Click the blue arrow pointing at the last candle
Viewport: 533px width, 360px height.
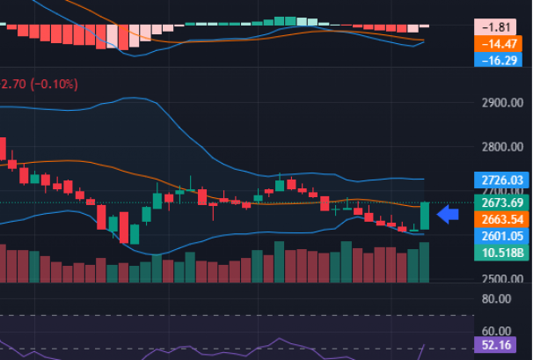pos(448,214)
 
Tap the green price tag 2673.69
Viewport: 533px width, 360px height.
pos(497,202)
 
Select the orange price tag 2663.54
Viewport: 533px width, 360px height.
pos(497,219)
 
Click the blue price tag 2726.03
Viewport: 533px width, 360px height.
pos(497,180)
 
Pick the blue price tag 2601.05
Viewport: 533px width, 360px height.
pos(497,236)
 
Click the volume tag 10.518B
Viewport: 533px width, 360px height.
pos(497,253)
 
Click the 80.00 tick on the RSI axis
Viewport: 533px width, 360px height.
pos(497,298)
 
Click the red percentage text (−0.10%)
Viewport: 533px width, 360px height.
pos(55,84)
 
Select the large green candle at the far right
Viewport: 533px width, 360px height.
pos(426,216)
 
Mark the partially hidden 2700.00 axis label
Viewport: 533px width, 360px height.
pos(497,191)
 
